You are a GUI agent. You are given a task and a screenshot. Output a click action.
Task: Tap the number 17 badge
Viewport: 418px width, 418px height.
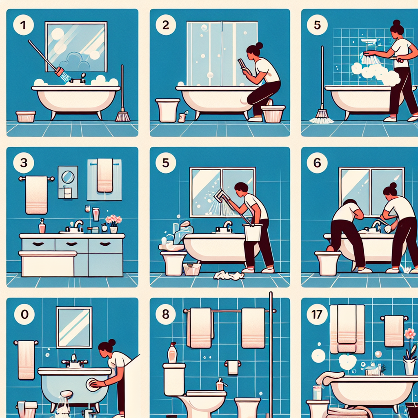(x=317, y=314)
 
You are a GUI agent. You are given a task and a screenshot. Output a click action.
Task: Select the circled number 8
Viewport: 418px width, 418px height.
(x=166, y=314)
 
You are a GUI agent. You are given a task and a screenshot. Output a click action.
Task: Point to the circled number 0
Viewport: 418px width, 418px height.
(x=24, y=314)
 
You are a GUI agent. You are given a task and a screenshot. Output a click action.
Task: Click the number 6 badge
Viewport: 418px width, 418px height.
(x=317, y=163)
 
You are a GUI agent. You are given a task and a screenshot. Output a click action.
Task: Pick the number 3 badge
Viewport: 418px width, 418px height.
(x=23, y=163)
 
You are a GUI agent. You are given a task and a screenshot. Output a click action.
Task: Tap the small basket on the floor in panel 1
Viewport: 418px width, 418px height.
(x=26, y=116)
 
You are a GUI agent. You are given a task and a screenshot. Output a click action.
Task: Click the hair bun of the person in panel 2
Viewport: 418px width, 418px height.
(x=259, y=46)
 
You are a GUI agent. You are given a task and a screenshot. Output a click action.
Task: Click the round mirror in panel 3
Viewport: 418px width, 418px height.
(x=68, y=177)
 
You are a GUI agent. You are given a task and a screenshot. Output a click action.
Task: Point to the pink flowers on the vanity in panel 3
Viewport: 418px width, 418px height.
(x=113, y=220)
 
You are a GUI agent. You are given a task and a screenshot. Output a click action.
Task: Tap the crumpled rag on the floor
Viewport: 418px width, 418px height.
(x=228, y=276)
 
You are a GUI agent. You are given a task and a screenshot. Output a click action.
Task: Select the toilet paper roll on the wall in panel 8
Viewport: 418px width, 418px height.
(x=233, y=367)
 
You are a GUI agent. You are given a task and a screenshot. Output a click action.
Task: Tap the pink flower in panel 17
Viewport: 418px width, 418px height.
(x=410, y=334)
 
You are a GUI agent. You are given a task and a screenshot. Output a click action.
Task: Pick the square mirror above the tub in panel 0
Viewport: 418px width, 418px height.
(x=74, y=327)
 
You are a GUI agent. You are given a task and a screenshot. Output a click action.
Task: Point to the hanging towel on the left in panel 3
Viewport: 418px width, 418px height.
(x=36, y=195)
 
